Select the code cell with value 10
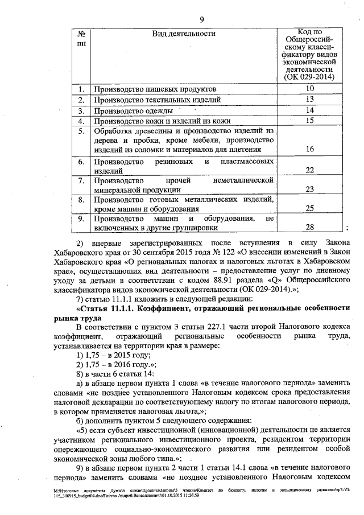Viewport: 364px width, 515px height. tap(309, 89)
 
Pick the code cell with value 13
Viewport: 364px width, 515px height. tap(309, 100)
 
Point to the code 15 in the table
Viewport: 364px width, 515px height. tap(309, 121)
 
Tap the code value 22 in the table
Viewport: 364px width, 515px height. tap(309, 170)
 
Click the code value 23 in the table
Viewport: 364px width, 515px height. tap(309, 189)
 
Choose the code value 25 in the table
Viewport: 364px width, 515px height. tap(309, 209)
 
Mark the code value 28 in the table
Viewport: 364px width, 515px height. tap(309, 228)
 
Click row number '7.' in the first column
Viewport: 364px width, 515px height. tap(81, 180)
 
